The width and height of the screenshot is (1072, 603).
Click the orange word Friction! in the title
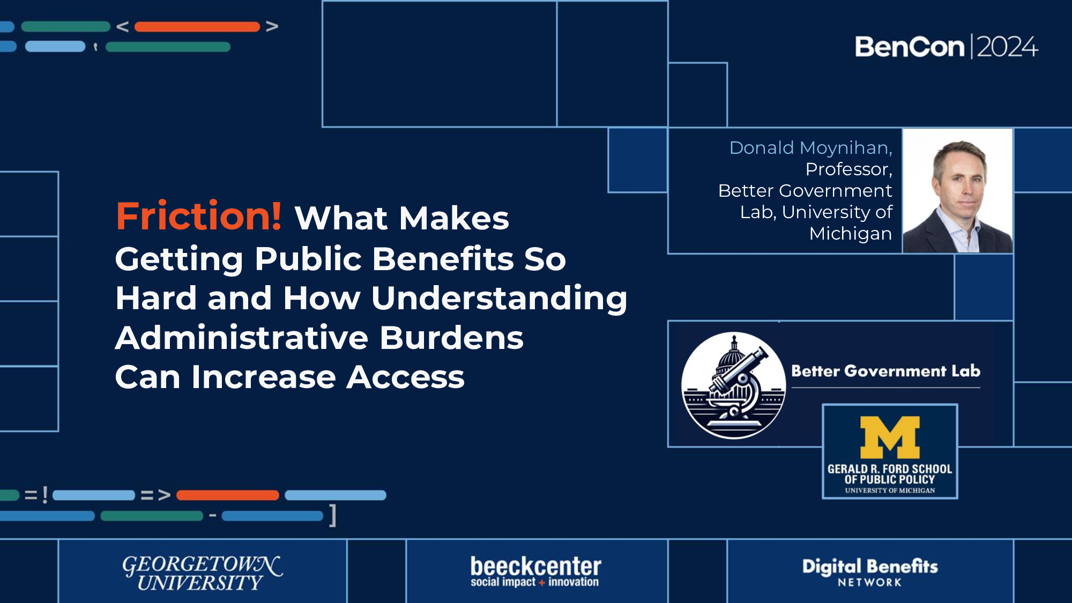tap(198, 217)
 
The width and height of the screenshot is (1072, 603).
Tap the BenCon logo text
tap(910, 47)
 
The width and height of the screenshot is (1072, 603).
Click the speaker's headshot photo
tap(958, 191)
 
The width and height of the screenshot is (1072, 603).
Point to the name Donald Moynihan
tap(810, 148)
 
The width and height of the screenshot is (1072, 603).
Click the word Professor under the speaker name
tap(848, 169)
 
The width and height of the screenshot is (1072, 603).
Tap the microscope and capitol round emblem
tap(733, 385)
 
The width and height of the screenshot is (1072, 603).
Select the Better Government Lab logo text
tap(885, 371)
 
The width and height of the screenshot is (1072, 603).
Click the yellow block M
tap(890, 437)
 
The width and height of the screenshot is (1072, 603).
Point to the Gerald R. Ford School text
tap(890, 474)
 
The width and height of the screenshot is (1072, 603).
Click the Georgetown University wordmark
tap(202, 572)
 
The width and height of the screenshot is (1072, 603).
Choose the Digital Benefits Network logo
tap(870, 572)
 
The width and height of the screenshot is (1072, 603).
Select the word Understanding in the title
tap(499, 298)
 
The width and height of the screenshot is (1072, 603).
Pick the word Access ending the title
tap(405, 377)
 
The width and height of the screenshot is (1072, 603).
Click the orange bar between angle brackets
tap(197, 27)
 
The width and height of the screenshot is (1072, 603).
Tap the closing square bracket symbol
tap(333, 516)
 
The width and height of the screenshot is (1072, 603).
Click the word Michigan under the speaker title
tap(851, 234)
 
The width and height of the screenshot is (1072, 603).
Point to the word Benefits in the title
tap(443, 259)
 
